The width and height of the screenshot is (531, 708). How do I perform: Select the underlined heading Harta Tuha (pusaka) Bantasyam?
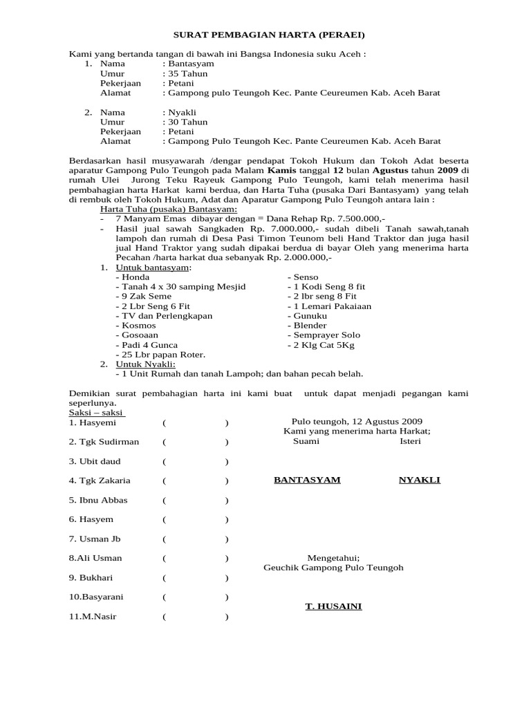click(x=168, y=209)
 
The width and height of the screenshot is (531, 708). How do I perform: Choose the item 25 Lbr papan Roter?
click(x=160, y=354)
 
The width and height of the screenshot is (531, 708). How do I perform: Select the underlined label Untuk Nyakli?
click(x=145, y=364)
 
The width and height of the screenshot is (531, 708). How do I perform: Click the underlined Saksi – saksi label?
click(x=96, y=412)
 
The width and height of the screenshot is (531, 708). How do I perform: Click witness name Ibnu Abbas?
click(x=98, y=500)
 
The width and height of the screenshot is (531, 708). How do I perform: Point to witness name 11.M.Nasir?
click(x=93, y=616)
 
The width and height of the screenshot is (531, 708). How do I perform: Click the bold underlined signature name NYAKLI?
click(x=419, y=480)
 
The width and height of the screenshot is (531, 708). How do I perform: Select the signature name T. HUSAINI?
click(x=333, y=606)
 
